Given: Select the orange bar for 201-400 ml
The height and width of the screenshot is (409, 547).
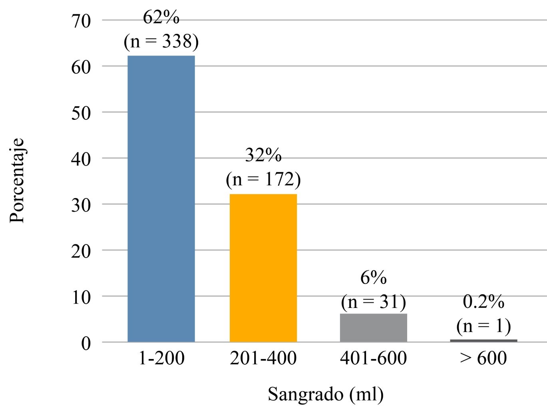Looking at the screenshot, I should [x=263, y=268].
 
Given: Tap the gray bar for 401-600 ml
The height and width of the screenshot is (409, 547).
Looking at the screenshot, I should [x=373, y=328].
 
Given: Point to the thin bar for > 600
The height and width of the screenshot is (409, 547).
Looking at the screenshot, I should [x=483, y=341].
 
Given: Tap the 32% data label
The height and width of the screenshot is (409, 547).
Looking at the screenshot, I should [x=263, y=156].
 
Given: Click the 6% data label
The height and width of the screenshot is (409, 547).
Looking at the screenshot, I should [x=374, y=278].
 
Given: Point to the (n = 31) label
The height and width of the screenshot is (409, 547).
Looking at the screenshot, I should [x=374, y=302].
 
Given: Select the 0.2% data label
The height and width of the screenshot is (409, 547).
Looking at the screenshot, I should [x=483, y=302].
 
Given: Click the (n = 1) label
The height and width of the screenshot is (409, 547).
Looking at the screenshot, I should [x=483, y=326].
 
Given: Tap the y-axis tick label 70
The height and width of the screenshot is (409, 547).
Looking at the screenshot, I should [x=81, y=21].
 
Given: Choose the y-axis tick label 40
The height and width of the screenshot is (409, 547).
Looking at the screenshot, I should [x=81, y=159].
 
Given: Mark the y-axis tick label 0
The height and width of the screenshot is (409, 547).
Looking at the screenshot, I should [x=86, y=343].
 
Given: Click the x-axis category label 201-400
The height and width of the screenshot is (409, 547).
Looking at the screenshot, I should [x=263, y=358].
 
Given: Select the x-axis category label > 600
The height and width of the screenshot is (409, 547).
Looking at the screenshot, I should [x=483, y=358].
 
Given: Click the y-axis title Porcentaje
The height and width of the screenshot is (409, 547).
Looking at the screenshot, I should [x=17, y=181].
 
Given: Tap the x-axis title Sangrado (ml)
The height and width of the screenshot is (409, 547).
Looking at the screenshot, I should [x=326, y=395].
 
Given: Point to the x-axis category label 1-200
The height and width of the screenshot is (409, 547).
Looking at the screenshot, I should [x=161, y=358].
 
